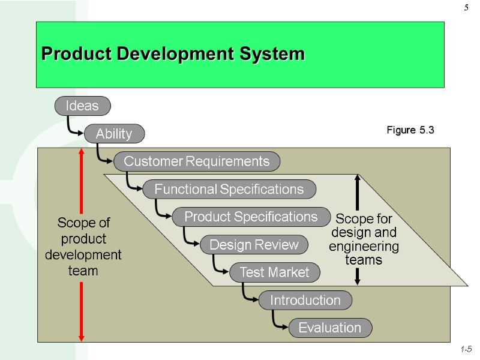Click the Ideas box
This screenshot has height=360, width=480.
tap(82, 106)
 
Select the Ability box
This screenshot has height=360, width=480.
tap(114, 134)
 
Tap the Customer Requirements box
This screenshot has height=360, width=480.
tap(197, 161)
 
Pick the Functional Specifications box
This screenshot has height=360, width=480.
tap(229, 190)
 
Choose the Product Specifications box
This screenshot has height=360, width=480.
tap(251, 217)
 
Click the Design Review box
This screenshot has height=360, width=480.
tap(254, 245)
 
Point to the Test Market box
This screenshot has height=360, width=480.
tap(274, 273)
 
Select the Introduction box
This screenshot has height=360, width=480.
tap(305, 300)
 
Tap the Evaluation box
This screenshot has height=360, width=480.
tap(330, 328)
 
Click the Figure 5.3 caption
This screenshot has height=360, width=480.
tap(410, 130)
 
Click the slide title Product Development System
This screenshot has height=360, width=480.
tap(173, 55)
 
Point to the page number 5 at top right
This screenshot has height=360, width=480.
tap(466, 8)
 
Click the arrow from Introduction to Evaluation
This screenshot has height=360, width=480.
tap(278, 321)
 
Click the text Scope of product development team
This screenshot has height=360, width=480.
tap(83, 247)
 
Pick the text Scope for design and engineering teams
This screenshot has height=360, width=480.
tap(364, 239)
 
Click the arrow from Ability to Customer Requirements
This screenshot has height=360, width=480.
tap(103, 155)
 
